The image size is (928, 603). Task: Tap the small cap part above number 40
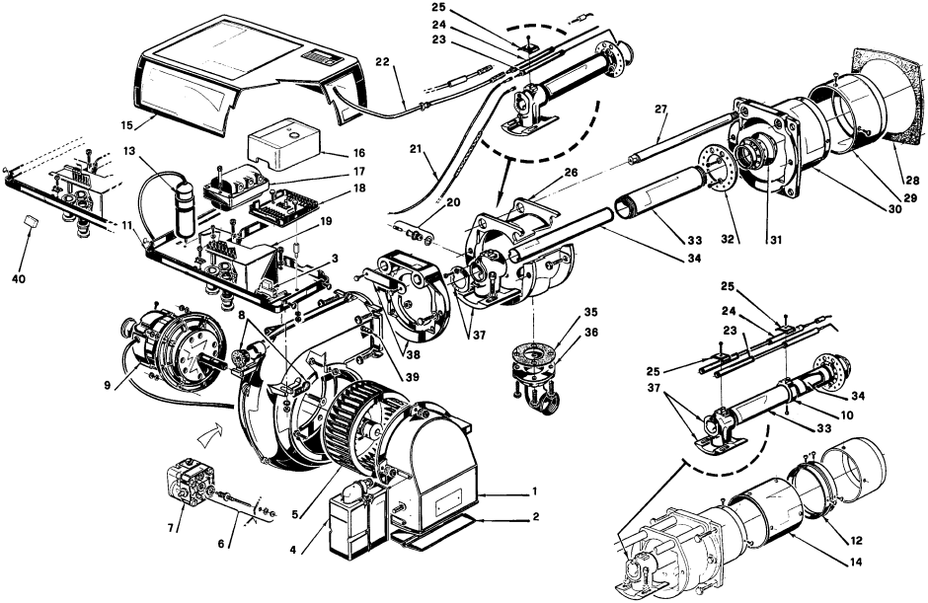(32, 221)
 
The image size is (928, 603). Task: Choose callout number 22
(384, 61)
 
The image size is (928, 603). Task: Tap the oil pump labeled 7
(191, 486)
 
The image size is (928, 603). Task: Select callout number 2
(536, 516)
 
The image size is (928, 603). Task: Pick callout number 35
(590, 312)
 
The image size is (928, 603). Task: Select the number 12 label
(856, 540)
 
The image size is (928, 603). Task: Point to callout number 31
(777, 240)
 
